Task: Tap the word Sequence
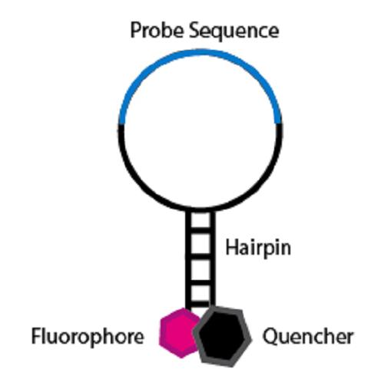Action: coord(234,31)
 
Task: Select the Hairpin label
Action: coord(258,248)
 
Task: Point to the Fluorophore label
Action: coord(88,337)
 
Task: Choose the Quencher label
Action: coord(308,337)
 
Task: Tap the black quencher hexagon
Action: coord(222,337)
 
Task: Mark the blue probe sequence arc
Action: coord(200,52)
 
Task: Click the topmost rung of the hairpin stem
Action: coord(200,229)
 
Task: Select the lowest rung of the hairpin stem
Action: coord(200,304)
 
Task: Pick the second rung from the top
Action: coord(200,256)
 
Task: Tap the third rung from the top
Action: coord(200,282)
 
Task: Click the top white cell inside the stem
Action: coord(200,219)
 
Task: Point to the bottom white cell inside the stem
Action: coord(200,293)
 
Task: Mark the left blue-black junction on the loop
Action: coord(121,124)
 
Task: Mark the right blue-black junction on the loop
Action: coord(279,124)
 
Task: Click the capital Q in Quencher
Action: coord(271,337)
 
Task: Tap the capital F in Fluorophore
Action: coord(36,336)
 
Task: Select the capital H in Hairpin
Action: coord(232,247)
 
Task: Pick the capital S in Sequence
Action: coord(195,30)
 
